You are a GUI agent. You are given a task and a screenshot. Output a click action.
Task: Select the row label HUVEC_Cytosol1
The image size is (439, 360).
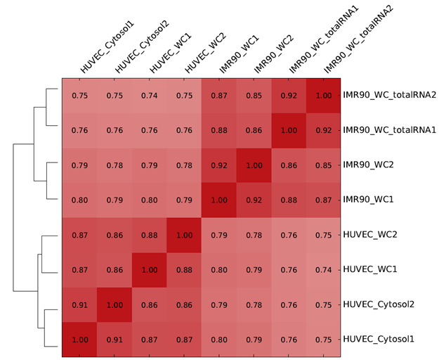click(x=379, y=339)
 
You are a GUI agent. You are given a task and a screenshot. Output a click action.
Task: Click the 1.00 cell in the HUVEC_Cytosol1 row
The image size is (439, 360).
click(x=80, y=339)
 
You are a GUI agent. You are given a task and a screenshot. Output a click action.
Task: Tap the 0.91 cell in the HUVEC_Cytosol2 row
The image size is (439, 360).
click(x=80, y=304)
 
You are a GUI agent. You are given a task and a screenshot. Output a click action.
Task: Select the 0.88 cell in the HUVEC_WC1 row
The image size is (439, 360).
click(x=184, y=269)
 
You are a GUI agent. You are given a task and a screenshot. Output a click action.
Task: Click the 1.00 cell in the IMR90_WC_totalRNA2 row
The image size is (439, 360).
click(x=323, y=95)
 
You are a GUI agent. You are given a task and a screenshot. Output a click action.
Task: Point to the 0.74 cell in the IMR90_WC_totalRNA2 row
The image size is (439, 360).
click(x=150, y=95)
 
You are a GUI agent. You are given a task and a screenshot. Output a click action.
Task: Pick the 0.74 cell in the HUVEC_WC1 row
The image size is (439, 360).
click(x=323, y=269)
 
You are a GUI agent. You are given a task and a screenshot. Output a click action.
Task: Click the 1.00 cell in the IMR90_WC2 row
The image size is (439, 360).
click(x=254, y=165)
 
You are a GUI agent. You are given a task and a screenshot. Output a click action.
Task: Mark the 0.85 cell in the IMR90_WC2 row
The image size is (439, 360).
click(x=323, y=165)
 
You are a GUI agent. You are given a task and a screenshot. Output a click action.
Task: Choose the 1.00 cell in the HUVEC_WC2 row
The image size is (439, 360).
click(x=184, y=234)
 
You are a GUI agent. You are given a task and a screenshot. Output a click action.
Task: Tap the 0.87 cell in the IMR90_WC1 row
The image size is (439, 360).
click(x=323, y=200)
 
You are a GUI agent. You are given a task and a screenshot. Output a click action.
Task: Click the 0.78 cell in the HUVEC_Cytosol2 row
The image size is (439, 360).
click(x=254, y=304)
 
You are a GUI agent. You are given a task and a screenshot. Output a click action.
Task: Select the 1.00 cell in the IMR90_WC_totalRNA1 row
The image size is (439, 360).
click(x=288, y=130)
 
